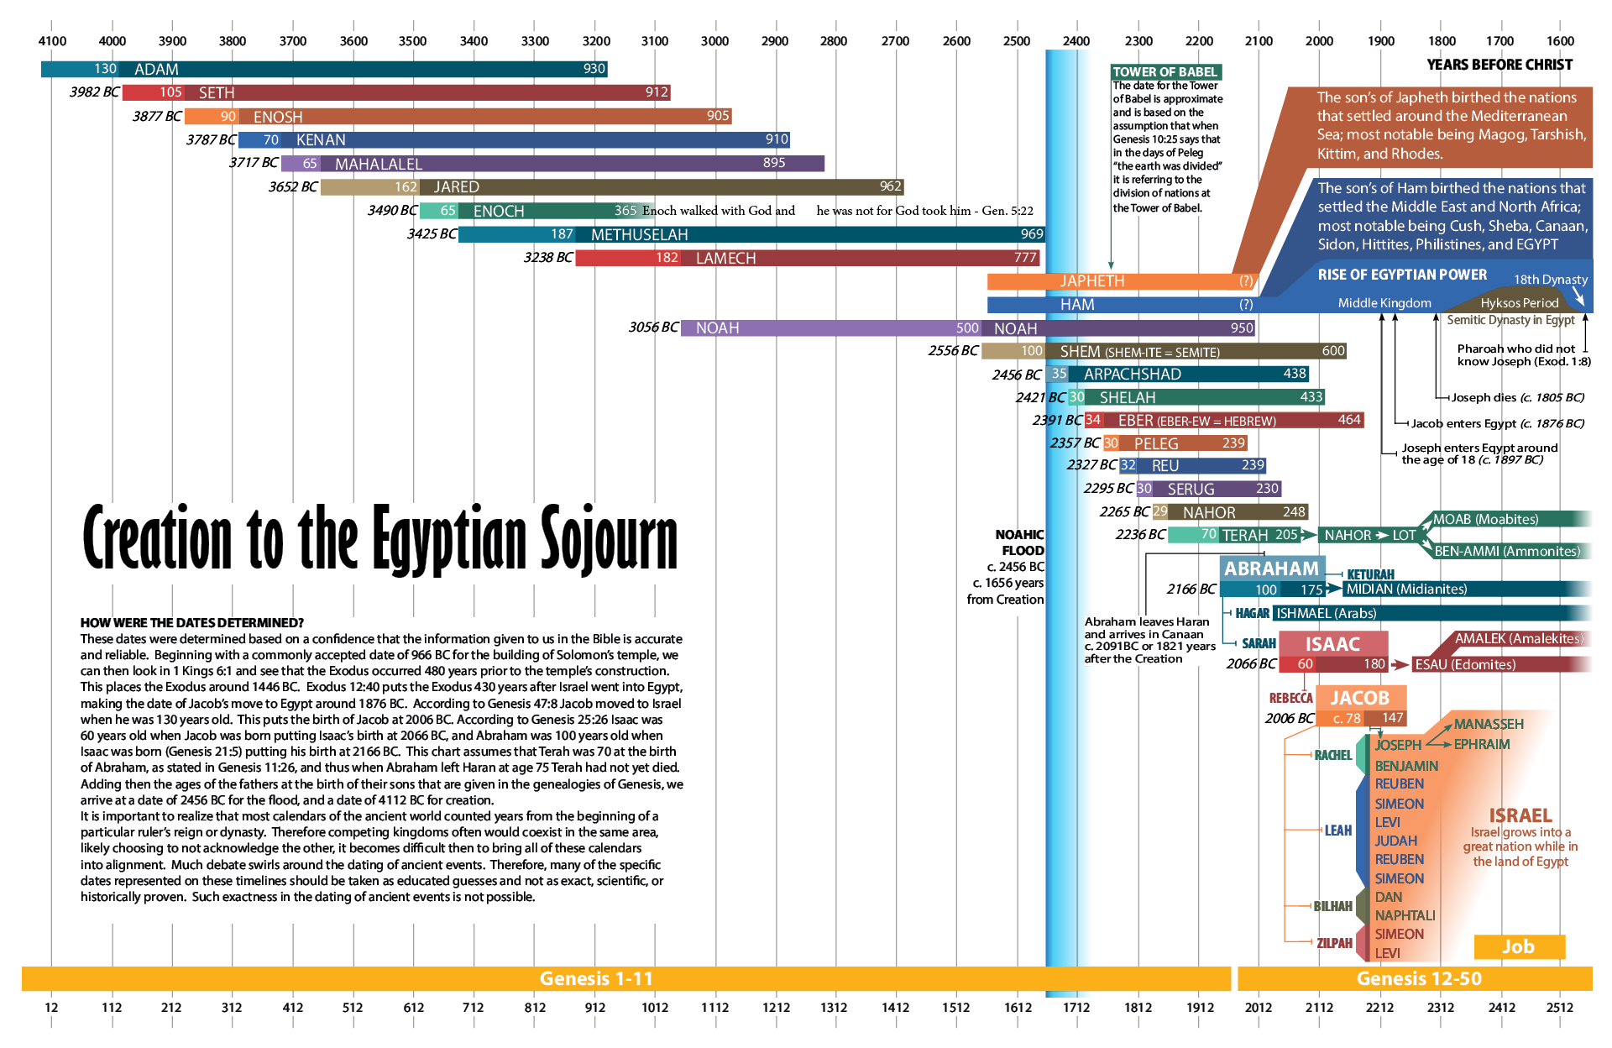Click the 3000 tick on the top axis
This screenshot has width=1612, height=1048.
714,41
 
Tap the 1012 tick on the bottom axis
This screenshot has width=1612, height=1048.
655,1007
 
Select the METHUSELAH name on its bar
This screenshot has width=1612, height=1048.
639,235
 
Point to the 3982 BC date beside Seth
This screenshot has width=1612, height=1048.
94,92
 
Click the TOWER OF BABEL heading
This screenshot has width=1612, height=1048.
1165,72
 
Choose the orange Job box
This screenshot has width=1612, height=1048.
1518,946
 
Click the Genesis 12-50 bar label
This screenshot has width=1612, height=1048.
1418,978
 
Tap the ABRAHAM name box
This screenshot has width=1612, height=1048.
1271,569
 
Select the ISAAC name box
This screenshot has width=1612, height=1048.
1332,644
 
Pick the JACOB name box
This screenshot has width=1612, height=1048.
1359,698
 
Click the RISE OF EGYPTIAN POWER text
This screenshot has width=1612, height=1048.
1402,275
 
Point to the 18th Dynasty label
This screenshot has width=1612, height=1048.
1550,280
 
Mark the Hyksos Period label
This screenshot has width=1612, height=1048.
1519,303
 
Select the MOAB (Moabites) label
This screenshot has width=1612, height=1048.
1485,520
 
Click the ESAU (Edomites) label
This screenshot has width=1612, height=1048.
1465,664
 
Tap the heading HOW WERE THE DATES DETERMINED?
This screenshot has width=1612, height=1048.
191,623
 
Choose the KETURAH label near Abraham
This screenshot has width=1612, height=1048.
1370,574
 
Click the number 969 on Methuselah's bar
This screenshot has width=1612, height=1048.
1032,234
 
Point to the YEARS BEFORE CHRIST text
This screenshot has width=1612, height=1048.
1499,65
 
